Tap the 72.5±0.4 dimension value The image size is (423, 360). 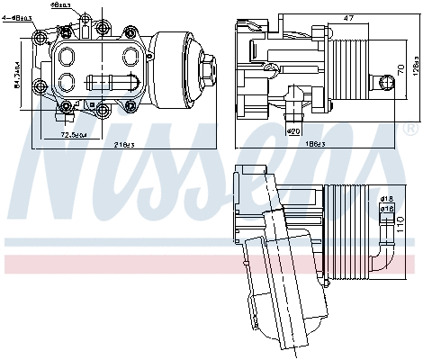point(73,135)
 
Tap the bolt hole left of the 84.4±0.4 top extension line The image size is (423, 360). point(40,38)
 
